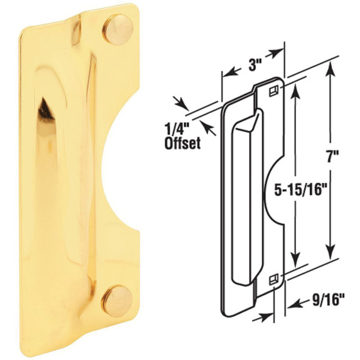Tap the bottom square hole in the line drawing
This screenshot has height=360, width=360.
[273, 279]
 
